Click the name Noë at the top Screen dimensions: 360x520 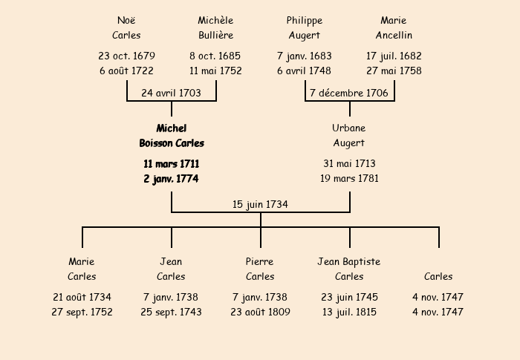(126, 21)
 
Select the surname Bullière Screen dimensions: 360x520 (215, 36)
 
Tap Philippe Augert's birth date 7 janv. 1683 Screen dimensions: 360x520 (305, 56)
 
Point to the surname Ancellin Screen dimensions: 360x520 (394, 36)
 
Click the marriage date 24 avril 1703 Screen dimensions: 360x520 (171, 94)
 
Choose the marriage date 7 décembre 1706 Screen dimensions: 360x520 (349, 94)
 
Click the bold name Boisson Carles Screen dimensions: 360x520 (172, 143)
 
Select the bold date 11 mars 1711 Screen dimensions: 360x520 (172, 164)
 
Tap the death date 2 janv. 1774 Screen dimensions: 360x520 (172, 179)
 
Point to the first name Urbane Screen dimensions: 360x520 (349, 128)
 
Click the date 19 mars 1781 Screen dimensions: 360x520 (349, 179)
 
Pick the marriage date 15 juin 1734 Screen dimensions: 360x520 (260, 204)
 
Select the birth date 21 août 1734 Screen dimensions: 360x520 (82, 298)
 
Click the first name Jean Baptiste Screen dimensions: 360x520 (349, 262)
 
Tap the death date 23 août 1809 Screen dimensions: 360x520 (260, 312)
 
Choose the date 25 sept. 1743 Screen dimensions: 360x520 (171, 312)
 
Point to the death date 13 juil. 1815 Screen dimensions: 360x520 (349, 312)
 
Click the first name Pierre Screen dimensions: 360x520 (260, 262)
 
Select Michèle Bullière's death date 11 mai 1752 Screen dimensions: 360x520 (215, 71)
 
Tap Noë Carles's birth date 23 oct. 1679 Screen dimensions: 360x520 (126, 56)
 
